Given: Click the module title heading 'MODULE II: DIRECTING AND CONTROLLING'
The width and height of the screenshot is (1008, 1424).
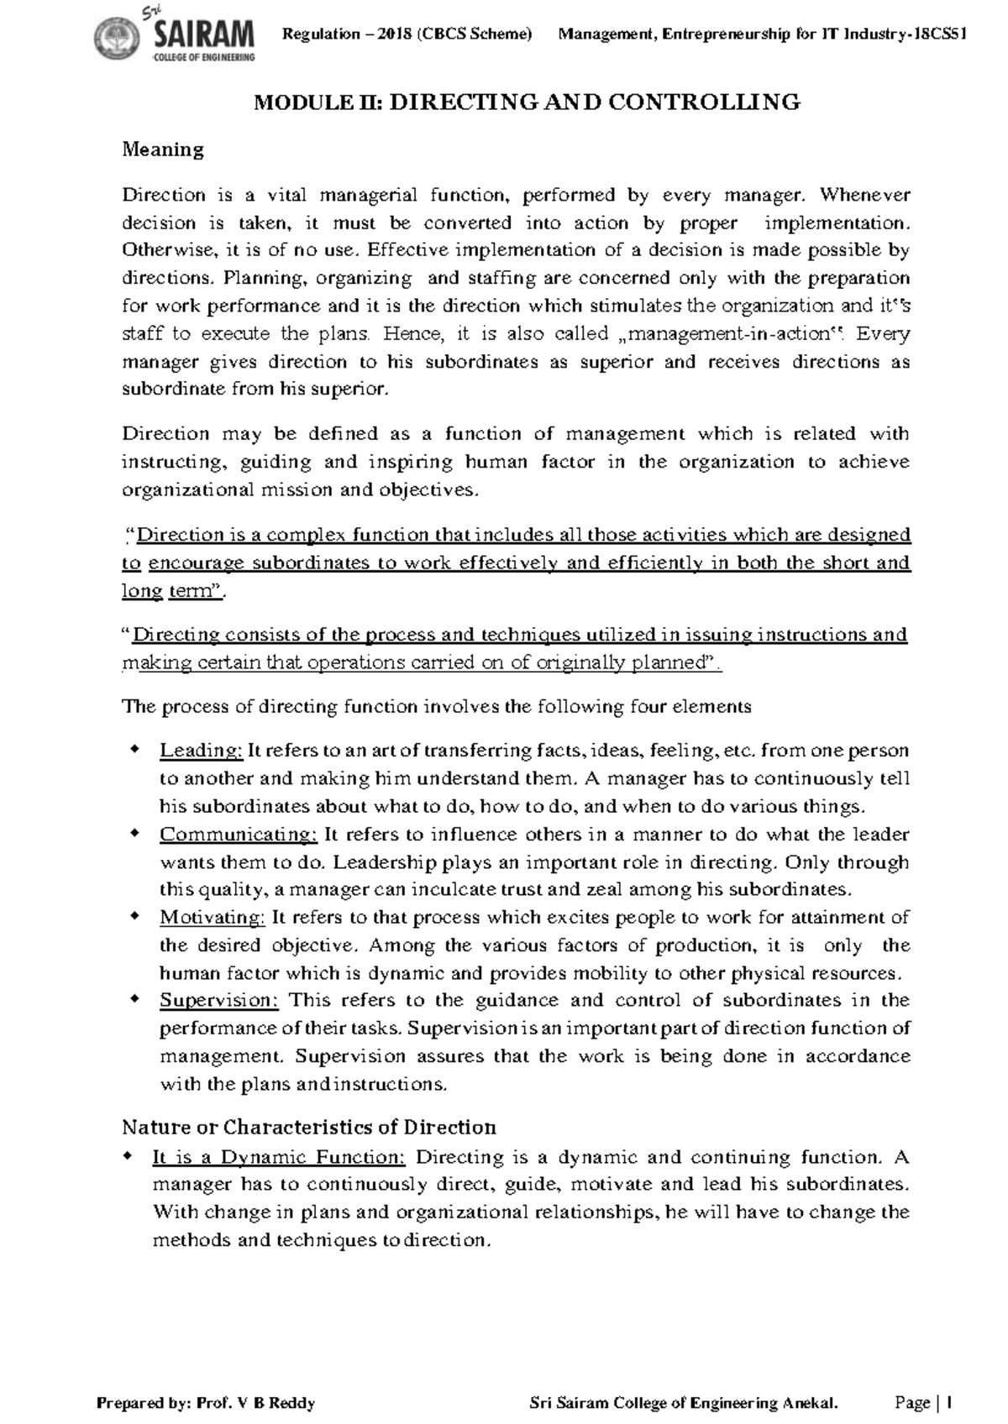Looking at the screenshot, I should (528, 102).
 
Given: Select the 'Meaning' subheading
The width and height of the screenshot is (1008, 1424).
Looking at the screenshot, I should (163, 150).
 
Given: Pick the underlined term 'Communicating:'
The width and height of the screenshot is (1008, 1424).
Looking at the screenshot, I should (238, 835).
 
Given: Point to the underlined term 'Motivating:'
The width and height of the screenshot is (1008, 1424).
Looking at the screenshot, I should (213, 918).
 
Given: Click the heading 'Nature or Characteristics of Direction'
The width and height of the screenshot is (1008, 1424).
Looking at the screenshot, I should (309, 1127).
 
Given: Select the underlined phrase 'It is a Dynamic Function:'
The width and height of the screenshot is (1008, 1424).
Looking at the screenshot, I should (279, 1158).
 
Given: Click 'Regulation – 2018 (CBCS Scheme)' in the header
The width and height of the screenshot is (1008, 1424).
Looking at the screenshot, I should (407, 34).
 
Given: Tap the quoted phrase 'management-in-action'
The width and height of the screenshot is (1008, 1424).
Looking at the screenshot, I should (728, 334).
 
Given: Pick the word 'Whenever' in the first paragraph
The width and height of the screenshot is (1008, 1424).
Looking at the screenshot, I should (864, 196).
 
